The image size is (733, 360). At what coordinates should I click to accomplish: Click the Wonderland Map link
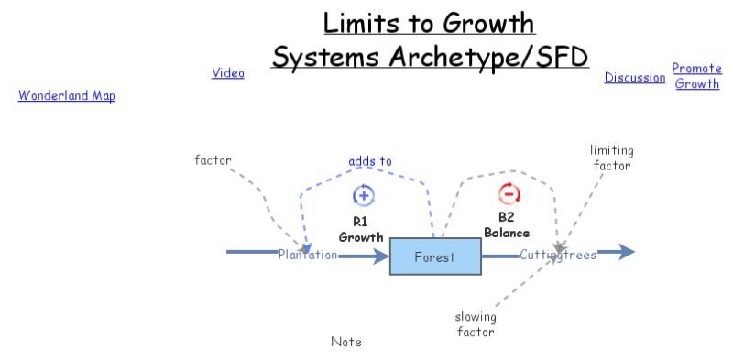pyautogui.click(x=66, y=95)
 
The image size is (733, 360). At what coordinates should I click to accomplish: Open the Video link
pyautogui.click(x=228, y=73)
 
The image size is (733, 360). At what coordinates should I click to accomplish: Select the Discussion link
pyautogui.click(x=634, y=78)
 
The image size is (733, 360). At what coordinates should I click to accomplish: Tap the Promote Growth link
pyautogui.click(x=696, y=76)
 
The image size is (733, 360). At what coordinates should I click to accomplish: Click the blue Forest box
pyautogui.click(x=435, y=256)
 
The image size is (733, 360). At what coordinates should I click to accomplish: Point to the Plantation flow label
pyautogui.click(x=308, y=256)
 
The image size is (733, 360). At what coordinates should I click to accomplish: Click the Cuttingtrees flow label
pyautogui.click(x=558, y=256)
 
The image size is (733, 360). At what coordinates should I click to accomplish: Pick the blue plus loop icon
pyautogui.click(x=363, y=195)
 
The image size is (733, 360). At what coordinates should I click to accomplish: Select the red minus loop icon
pyautogui.click(x=509, y=193)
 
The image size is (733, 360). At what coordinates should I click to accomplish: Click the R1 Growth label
pyautogui.click(x=360, y=229)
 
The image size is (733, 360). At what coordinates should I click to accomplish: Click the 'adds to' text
pyautogui.click(x=369, y=161)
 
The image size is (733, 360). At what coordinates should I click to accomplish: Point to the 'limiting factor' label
pyautogui.click(x=611, y=158)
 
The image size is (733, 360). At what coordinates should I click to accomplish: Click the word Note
pyautogui.click(x=346, y=342)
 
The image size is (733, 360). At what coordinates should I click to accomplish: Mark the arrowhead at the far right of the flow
pyautogui.click(x=628, y=253)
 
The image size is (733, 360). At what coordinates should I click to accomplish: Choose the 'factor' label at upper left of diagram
pyautogui.click(x=213, y=159)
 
